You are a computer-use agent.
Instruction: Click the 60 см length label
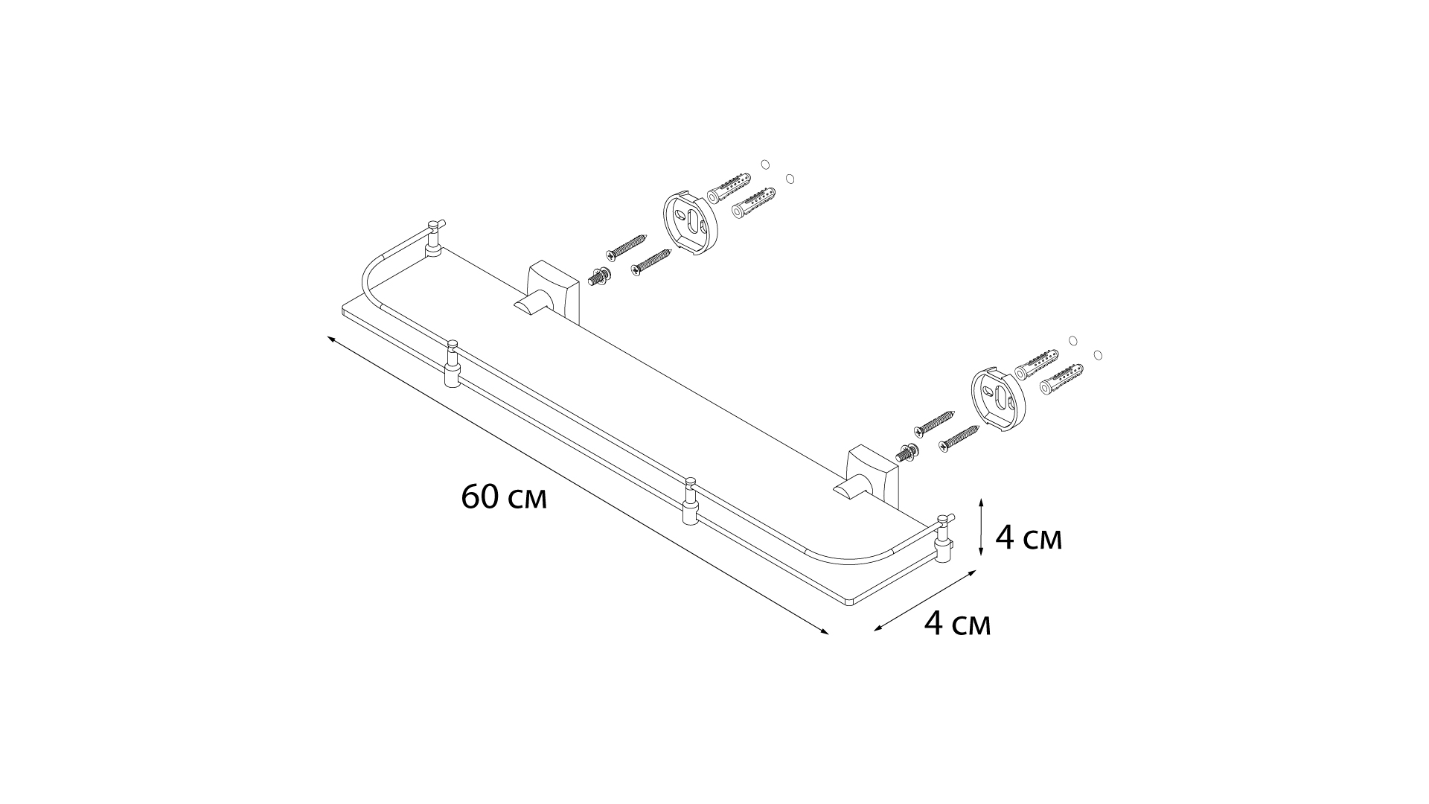(x=504, y=497)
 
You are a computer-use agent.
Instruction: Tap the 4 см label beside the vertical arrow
(x=1029, y=537)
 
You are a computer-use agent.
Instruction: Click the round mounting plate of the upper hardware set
(x=689, y=223)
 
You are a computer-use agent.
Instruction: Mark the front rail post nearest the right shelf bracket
(x=690, y=502)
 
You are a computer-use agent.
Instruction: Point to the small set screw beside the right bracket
(x=907, y=452)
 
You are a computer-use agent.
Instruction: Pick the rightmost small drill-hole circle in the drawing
(x=1098, y=355)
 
